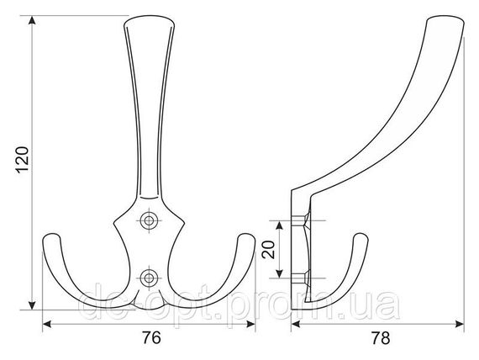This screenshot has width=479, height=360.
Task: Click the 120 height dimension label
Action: coord(23,161)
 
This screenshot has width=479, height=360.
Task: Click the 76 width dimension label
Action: coord(151,338)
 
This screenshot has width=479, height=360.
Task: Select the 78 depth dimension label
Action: coord(381,338)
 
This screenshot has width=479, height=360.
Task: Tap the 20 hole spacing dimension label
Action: coord(269,250)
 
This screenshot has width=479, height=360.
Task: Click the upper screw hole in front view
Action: coord(149,220)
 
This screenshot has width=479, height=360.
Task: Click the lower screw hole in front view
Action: coord(149,278)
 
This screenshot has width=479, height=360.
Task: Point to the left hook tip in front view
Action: coord(52,236)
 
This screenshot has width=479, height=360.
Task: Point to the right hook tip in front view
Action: coord(245,236)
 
